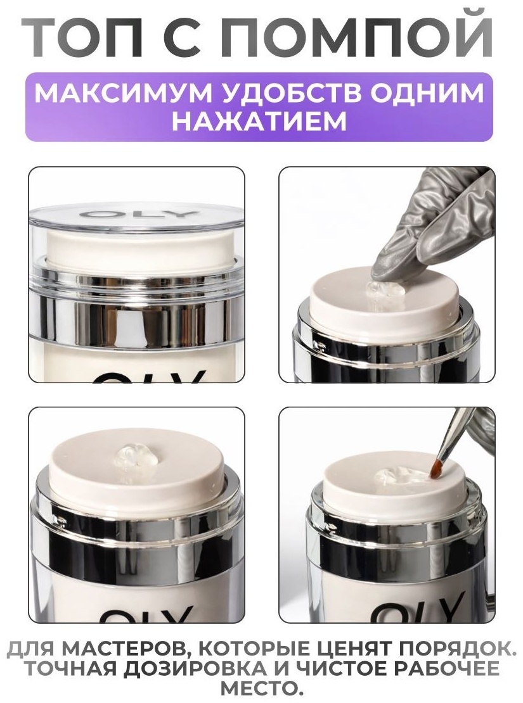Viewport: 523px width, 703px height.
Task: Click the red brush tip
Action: [436, 468]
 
